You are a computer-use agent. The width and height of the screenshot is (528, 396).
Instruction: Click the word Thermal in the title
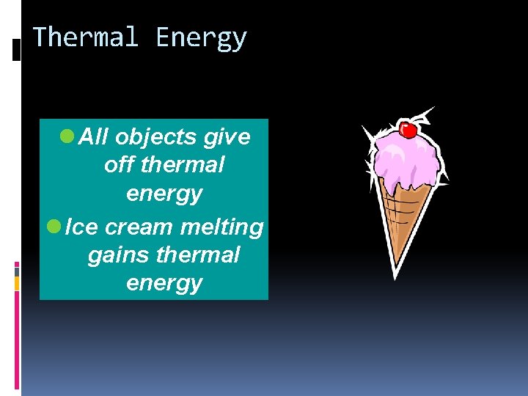coord(86,37)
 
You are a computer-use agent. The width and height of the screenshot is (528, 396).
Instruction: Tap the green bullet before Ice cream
coord(53,227)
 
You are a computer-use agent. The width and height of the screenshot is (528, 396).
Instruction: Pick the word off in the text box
coord(120,165)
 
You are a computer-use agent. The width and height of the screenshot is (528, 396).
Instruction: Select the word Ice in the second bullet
coord(81,227)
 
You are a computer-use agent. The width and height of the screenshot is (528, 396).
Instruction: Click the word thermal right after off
coord(183,165)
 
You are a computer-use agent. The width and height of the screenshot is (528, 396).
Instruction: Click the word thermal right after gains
coord(198,254)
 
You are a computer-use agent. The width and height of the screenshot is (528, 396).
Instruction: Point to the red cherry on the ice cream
coord(409,130)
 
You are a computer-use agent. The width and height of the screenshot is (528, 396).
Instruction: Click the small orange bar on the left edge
coord(17,283)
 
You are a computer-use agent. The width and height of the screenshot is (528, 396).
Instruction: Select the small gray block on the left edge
coord(17,270)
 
